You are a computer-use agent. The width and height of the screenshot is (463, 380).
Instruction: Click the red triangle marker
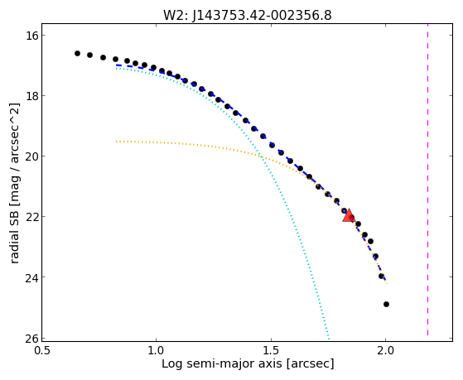349,215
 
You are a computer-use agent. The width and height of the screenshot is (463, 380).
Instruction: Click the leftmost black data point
77,54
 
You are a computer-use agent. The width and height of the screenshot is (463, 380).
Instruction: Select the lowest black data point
386,304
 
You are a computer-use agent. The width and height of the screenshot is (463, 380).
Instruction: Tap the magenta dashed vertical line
427,182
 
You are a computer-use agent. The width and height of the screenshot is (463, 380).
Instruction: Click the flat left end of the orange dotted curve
116,142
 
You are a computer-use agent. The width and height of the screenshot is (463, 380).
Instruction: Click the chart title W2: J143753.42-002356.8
248,16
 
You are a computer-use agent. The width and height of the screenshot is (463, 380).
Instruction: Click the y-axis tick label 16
31,36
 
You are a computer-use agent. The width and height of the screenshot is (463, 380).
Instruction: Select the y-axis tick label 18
31,96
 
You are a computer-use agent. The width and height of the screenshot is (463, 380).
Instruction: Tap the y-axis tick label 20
31,156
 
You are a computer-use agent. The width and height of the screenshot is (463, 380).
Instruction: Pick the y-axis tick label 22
31,217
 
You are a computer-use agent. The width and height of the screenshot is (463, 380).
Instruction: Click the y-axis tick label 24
31,277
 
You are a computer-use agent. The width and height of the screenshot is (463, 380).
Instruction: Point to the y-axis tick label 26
31,338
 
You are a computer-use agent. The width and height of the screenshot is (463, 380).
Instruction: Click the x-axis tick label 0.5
41,351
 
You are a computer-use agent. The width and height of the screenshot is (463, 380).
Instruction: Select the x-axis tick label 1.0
156,351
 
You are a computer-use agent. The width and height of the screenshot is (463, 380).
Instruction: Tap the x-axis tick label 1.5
271,351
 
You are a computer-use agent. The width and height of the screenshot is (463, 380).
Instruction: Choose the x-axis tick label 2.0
385,351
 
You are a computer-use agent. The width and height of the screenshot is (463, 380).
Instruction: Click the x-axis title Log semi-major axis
222,364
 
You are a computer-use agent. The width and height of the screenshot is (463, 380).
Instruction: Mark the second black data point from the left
89,55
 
